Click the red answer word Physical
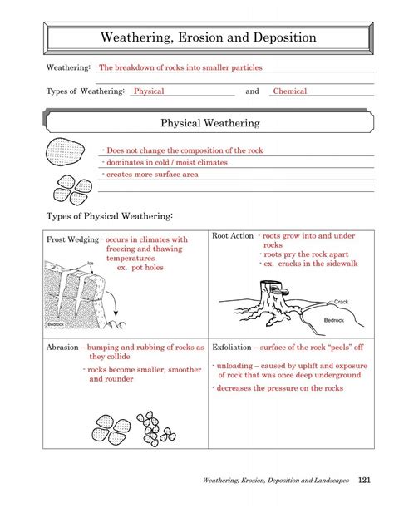click(x=149, y=91)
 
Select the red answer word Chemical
click(x=290, y=91)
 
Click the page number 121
click(x=364, y=481)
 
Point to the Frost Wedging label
click(x=71, y=239)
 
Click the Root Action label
click(x=233, y=236)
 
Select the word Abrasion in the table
click(x=63, y=348)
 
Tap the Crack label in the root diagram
click(x=341, y=301)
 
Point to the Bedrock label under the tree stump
click(x=333, y=320)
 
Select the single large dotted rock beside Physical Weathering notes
click(x=63, y=154)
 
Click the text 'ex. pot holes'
click(x=140, y=268)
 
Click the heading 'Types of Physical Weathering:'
click(x=109, y=217)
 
